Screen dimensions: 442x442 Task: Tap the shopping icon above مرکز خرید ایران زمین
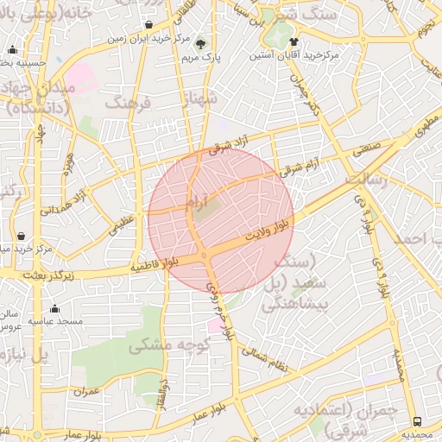[150, 24]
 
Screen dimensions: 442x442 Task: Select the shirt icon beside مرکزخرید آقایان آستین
[294, 41]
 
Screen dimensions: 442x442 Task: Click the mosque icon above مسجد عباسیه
[55, 308]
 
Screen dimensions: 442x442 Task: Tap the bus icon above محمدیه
[418, 421]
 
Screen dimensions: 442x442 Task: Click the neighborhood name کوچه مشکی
[164, 345]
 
